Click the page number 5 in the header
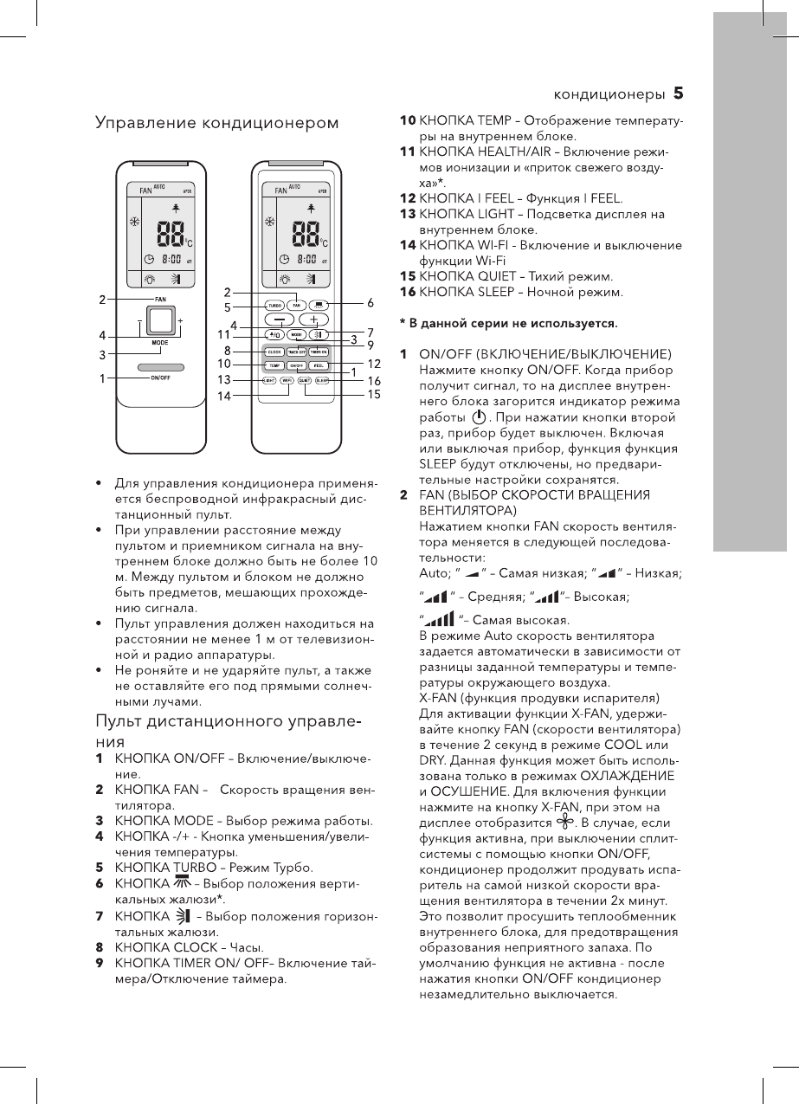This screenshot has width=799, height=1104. pyautogui.click(x=679, y=92)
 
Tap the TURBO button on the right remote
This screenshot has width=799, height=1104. pyautogui.click(x=274, y=306)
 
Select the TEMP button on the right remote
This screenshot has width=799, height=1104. pyautogui.click(x=274, y=366)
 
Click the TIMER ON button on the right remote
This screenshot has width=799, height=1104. pyautogui.click(x=318, y=352)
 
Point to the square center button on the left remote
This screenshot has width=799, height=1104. pyautogui.click(x=160, y=321)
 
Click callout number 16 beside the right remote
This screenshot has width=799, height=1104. pyautogui.click(x=374, y=381)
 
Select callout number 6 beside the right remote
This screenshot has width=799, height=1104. pyautogui.click(x=371, y=303)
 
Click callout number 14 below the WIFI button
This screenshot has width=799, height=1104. pyautogui.click(x=224, y=396)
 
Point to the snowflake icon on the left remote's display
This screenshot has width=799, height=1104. pyautogui.click(x=134, y=223)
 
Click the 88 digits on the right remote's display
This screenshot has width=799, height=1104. pyautogui.click(x=305, y=232)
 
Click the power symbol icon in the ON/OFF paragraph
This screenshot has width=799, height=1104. pyautogui.click(x=479, y=417)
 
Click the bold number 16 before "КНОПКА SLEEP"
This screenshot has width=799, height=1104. pyautogui.click(x=407, y=292)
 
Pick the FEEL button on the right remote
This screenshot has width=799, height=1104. pyautogui.click(x=318, y=366)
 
